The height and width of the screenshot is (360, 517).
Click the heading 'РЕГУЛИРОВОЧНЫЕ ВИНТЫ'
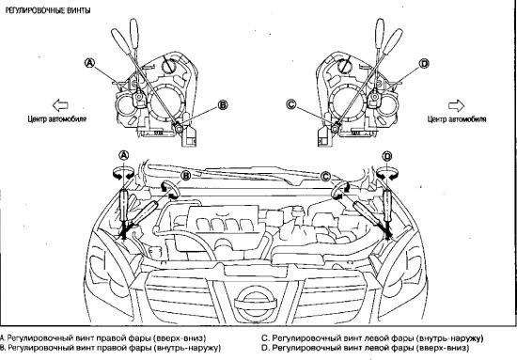[x=48, y=10]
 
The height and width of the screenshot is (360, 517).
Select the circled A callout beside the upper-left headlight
[x=89, y=63]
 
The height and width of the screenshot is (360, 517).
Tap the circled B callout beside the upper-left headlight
[x=223, y=105]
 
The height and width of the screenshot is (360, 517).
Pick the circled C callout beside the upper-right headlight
[x=291, y=105]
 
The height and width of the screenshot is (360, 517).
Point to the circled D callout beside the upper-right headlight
[x=425, y=63]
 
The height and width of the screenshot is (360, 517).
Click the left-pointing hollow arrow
[x=60, y=105]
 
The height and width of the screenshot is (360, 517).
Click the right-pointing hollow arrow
[x=456, y=105]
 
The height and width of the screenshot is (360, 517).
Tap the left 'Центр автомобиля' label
[x=57, y=119]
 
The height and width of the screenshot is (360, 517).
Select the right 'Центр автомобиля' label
[x=457, y=119]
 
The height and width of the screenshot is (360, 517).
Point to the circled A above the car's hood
[x=124, y=155]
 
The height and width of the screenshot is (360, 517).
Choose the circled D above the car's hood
[x=387, y=156]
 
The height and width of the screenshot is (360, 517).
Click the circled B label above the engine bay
[x=186, y=176]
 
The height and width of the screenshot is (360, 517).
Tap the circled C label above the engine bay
[x=326, y=177]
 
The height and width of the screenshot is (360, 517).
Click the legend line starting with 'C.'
[x=372, y=338]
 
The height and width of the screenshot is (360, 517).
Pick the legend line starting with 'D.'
[x=365, y=348]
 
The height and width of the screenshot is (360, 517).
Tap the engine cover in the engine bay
[x=224, y=224]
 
